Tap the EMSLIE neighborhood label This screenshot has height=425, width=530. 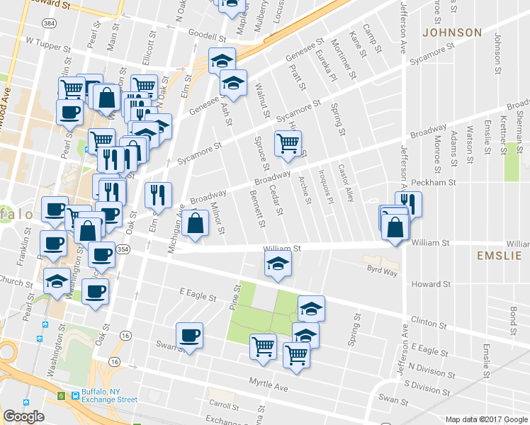(x=500, y=256)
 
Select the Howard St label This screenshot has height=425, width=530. (x=432, y=284)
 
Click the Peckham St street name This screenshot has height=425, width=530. (x=432, y=182)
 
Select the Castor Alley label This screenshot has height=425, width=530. (x=346, y=182)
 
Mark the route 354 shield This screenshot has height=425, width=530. (x=123, y=250)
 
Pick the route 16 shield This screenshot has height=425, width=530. (x=126, y=334)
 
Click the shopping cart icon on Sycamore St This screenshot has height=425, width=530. (x=288, y=142)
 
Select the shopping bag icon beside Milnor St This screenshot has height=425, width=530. (x=195, y=223)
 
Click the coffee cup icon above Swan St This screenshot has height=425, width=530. (x=189, y=335)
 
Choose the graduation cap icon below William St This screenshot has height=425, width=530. (x=278, y=265)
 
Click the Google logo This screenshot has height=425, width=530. (x=23, y=416)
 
